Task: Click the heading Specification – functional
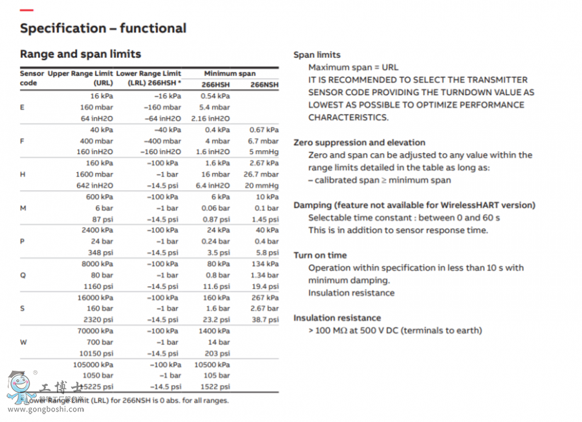coord(103,28)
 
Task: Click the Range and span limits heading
coord(80,54)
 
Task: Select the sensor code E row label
coord(23,107)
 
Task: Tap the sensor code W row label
coord(24,342)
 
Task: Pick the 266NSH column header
coord(264,85)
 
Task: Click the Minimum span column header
coord(230,74)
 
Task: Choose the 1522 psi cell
coord(216,387)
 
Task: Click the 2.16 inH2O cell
coord(211,118)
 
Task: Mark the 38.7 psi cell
coord(264,320)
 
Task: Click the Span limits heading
coord(317,55)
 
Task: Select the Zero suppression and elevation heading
coord(360,142)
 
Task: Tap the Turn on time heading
coord(320,255)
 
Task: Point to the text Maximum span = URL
coord(353,67)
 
